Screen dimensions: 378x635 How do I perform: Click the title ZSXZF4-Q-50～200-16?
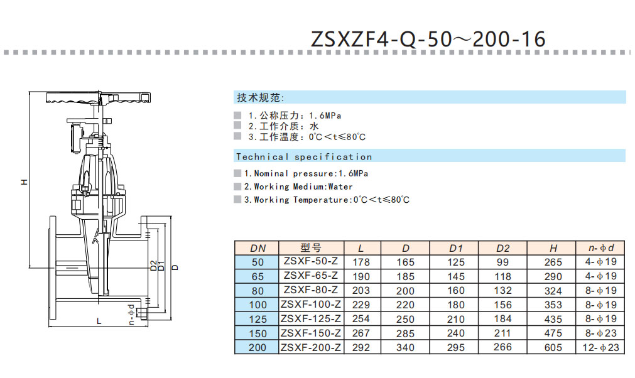pyautogui.click(x=428, y=39)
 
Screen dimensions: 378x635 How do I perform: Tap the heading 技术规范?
pyautogui.click(x=260, y=98)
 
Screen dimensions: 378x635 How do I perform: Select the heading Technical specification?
pyautogui.click(x=304, y=156)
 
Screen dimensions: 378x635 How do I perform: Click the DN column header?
pyautogui.click(x=258, y=247)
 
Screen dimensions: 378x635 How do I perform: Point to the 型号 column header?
pyautogui.click(x=311, y=247)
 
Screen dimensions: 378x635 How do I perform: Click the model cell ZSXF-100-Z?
pyautogui.click(x=311, y=305)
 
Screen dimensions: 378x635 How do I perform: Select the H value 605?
pyautogui.click(x=553, y=347)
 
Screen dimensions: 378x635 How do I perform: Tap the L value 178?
pyautogui.click(x=361, y=262)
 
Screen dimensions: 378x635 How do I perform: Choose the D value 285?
pyautogui.click(x=406, y=333)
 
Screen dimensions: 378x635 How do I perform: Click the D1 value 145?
pyautogui.click(x=456, y=276)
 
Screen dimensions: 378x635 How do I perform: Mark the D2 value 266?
pyautogui.click(x=502, y=347)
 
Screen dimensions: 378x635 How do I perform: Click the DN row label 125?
pyautogui.click(x=258, y=319)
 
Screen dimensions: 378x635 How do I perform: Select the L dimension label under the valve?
pyautogui.click(x=99, y=321)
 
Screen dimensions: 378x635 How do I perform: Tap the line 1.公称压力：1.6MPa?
pyautogui.click(x=295, y=116)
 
